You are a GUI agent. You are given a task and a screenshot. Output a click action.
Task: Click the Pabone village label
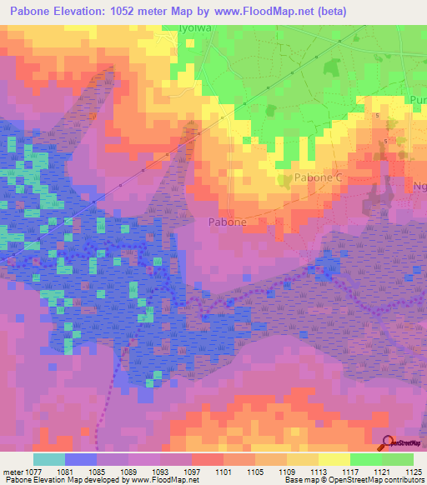[x=226, y=222]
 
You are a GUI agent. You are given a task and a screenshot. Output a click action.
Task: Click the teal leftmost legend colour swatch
[x=48, y=459]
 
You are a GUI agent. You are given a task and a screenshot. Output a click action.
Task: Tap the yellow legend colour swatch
[x=334, y=459]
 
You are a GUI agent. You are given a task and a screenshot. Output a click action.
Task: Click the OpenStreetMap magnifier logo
[x=387, y=443]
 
